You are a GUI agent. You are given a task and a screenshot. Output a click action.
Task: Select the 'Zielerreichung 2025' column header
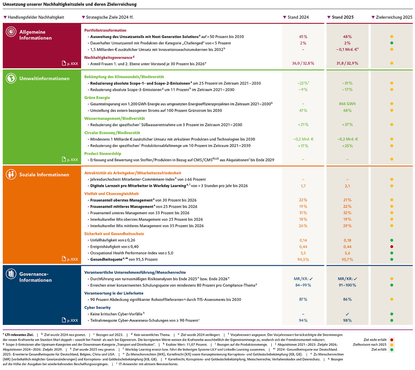click(394, 17)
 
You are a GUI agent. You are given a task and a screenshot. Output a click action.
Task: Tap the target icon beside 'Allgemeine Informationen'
click(11, 31)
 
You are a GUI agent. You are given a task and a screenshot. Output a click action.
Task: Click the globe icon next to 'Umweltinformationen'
click(11, 78)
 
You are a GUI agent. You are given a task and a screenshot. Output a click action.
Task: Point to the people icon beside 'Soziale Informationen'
click(11, 174)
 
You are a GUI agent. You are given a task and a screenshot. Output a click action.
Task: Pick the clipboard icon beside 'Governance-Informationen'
click(11, 274)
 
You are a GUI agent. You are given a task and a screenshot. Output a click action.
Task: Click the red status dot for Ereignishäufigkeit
click(392, 247)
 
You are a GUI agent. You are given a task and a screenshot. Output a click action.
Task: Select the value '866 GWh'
click(347, 104)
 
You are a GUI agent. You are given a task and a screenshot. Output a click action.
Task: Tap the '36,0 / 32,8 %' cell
click(303, 63)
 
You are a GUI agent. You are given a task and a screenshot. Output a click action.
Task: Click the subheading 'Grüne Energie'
click(97, 98)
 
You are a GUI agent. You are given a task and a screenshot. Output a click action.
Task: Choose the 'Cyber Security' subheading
click(97, 307)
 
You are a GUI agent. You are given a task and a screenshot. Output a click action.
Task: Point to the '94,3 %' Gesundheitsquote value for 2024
click(303, 260)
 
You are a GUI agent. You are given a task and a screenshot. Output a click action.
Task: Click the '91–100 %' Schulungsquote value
click(347, 285)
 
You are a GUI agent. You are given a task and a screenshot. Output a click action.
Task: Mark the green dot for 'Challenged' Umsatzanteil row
click(392, 43)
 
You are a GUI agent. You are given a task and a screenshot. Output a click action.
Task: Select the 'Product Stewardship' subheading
click(102, 154)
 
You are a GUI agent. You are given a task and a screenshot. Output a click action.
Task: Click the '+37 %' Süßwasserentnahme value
click(347, 125)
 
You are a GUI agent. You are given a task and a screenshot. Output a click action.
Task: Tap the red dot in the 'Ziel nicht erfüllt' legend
click(392, 340)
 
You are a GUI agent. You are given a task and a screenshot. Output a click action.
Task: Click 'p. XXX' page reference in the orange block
click(72, 259)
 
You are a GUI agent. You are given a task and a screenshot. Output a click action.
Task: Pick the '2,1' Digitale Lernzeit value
click(347, 186)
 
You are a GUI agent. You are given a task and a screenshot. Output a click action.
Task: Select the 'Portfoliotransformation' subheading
click(105, 30)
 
